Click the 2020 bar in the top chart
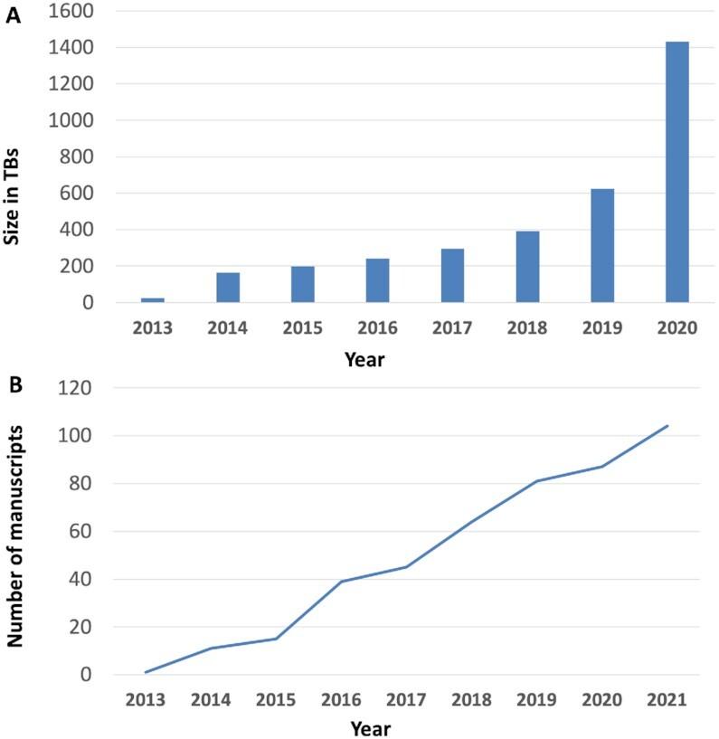pyautogui.click(x=676, y=172)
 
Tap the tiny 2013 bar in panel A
pyautogui.click(x=153, y=299)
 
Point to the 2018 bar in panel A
pyautogui.click(x=527, y=267)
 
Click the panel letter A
pyautogui.click(x=14, y=15)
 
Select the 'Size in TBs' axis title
pyautogui.click(x=14, y=157)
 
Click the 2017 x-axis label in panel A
pyautogui.click(x=452, y=327)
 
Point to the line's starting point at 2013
pyautogui.click(x=145, y=672)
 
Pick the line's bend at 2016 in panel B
pyautogui.click(x=340, y=582)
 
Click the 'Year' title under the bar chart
pyautogui.click(x=366, y=360)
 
